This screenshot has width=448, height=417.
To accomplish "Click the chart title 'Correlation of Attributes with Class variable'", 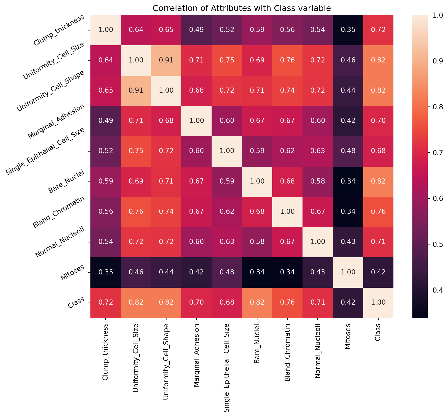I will coord(242,8).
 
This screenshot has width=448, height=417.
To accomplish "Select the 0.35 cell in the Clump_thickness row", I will coord(348,30).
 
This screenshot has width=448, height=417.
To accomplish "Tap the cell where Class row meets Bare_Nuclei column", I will coord(257,303).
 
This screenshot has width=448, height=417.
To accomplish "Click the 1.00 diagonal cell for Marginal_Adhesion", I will coord(196,121).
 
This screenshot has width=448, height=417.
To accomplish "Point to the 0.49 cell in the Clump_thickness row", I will coord(196,30).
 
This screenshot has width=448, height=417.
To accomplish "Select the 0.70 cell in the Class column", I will coord(378,121).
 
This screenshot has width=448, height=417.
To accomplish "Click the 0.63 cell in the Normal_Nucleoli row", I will coord(227,242).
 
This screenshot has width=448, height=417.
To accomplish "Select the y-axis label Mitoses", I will coord(72,273).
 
